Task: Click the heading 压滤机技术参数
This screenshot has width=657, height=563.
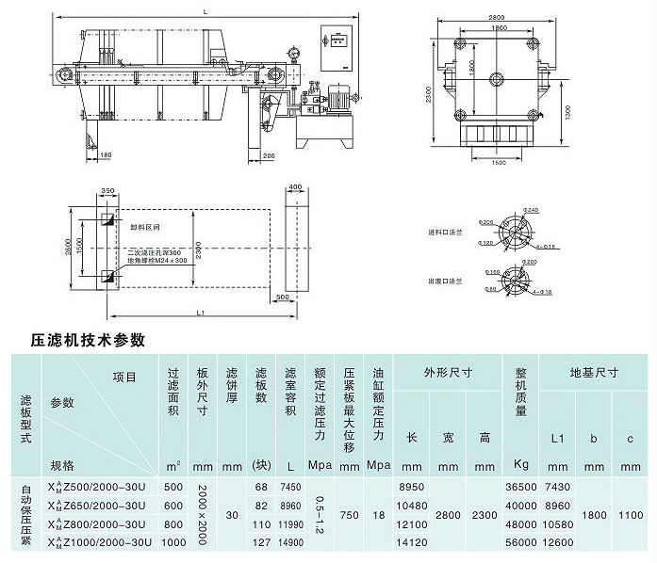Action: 90,338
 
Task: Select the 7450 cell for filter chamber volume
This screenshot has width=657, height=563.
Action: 289,487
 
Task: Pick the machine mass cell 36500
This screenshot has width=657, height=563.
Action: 519,487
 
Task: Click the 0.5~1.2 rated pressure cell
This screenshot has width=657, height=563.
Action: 320,514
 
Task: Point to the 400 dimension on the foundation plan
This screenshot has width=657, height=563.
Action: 294,188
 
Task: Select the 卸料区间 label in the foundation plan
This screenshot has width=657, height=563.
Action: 145,227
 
